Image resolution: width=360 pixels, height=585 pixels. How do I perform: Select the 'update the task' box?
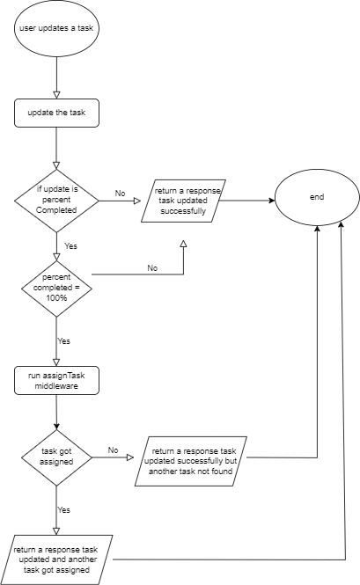click(56, 113)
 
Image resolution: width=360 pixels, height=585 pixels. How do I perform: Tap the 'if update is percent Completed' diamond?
click(56, 201)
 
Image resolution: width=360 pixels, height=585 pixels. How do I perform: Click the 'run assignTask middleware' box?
click(56, 380)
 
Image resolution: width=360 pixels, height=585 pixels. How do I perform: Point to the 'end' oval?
click(317, 197)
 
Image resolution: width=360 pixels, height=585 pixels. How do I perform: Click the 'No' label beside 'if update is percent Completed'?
click(121, 193)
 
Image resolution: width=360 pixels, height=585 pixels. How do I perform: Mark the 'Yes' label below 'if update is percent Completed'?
click(71, 246)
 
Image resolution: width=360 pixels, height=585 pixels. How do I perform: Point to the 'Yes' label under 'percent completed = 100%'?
click(64, 339)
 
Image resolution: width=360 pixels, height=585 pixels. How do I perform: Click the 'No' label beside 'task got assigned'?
click(113, 450)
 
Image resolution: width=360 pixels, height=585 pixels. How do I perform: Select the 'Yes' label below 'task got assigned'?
click(64, 509)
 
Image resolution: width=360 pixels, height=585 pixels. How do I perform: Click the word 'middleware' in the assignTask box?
click(56, 386)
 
